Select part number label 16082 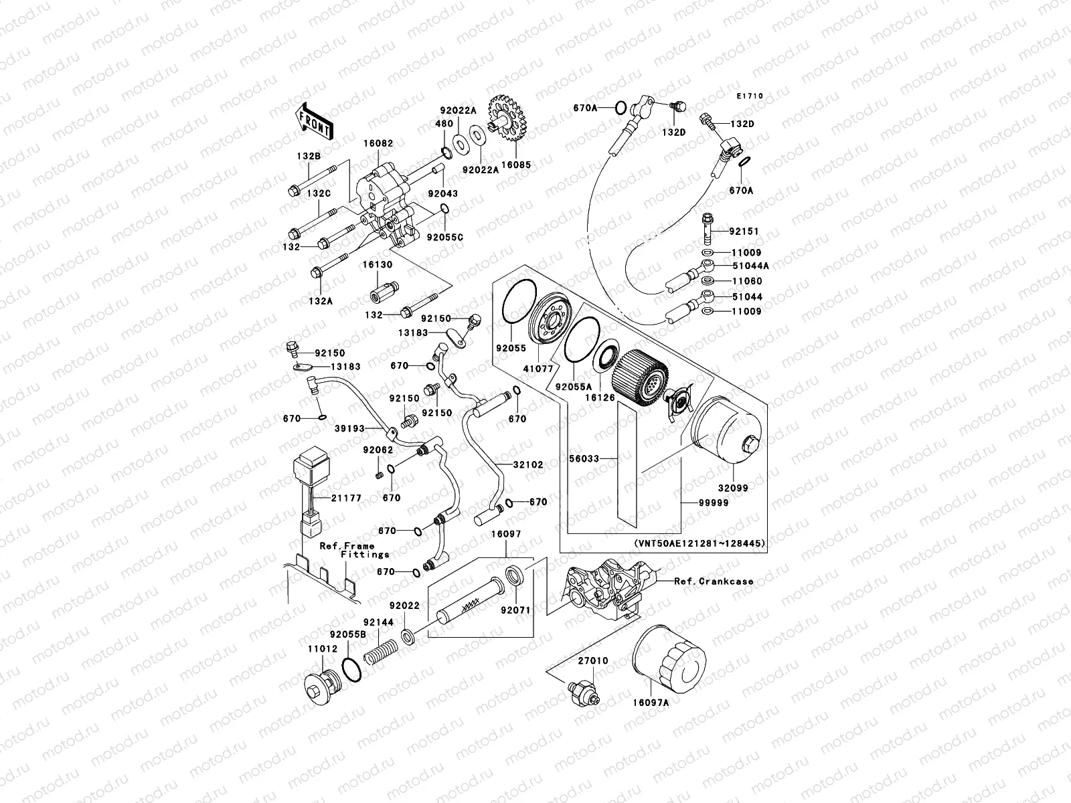(x=378, y=144)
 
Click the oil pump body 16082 (x=385, y=194)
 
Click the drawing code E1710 (x=750, y=96)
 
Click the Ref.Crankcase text (x=714, y=582)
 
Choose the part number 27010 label (x=594, y=660)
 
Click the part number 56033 (x=582, y=458)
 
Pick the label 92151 (x=744, y=232)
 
